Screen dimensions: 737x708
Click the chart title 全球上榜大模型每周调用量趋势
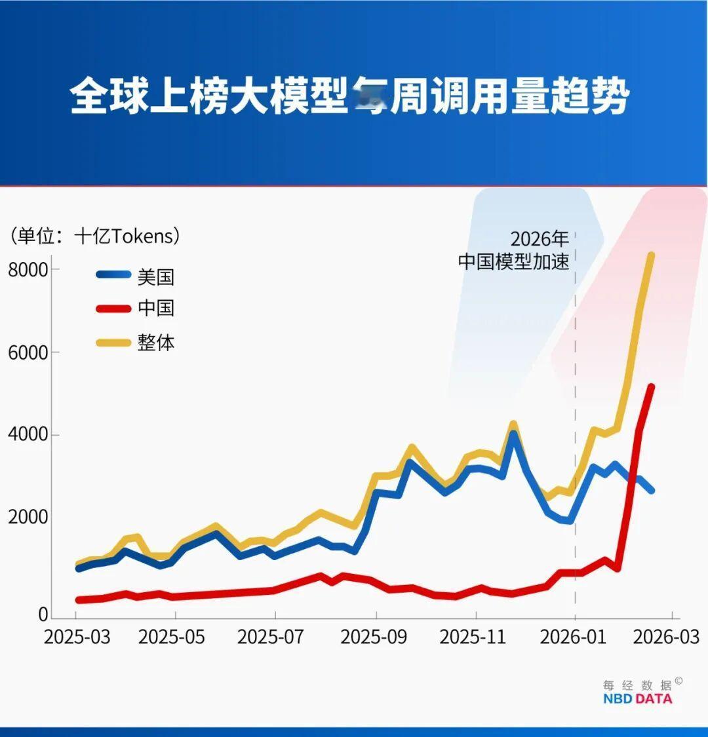pos(349,96)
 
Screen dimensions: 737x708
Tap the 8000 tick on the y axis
pos(28,269)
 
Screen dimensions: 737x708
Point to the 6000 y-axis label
pos(28,352)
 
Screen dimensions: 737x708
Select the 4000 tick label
pos(28,435)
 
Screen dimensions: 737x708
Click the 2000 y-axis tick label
pos(28,518)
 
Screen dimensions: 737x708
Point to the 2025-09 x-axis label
pos(374,637)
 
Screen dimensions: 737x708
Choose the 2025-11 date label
pos(473,637)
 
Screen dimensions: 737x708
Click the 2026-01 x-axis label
pos(573,637)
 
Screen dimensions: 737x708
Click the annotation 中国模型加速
pos(513,261)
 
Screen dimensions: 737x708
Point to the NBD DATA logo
pos(637,698)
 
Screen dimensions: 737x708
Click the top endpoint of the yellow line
pos(651,255)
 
